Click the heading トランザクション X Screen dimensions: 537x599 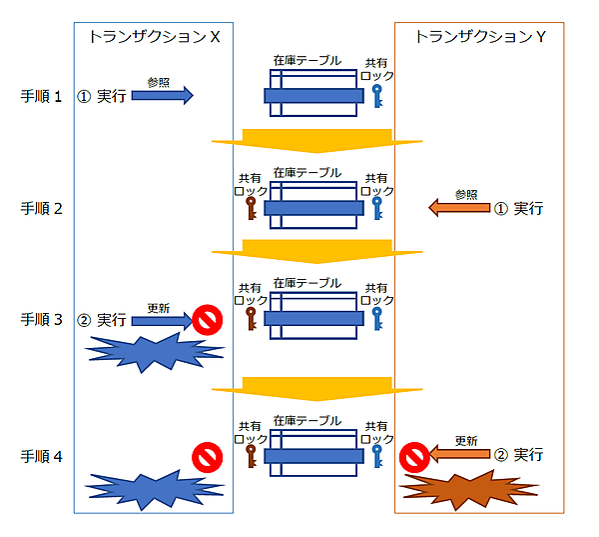coord(154,37)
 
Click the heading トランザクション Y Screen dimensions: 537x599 coord(479,37)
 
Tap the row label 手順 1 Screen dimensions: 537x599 coord(43,97)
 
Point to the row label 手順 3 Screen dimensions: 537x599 coord(43,320)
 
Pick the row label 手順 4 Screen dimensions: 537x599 coord(43,456)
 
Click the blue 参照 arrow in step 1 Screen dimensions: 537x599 coord(161,96)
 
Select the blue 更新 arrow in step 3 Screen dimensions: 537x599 coord(161,321)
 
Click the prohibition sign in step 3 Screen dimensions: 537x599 coord(208,320)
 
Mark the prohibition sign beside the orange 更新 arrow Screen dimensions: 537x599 coord(413,458)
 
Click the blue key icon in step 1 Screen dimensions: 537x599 coord(376,96)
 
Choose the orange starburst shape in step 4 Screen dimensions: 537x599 coord(470,490)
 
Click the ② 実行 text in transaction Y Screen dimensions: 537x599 coord(519,455)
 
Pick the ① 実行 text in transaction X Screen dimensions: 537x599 coord(102,97)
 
